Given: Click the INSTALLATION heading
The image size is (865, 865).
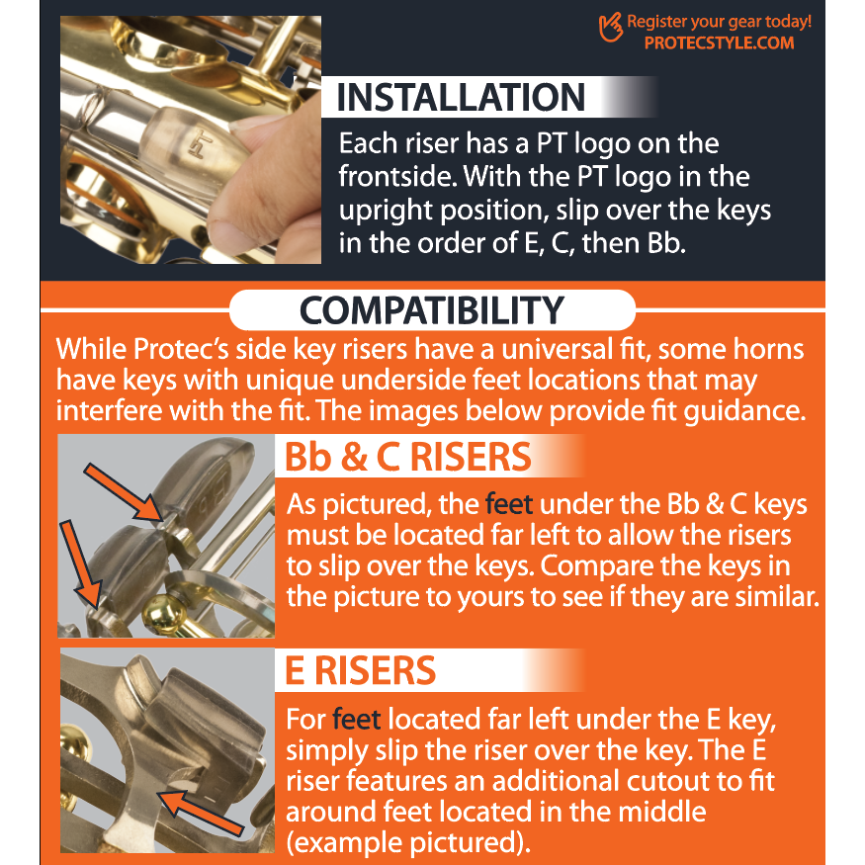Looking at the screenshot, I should click(461, 98).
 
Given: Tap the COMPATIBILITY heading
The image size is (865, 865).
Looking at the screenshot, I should click(432, 310).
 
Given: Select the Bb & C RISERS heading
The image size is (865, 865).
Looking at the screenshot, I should click(408, 457).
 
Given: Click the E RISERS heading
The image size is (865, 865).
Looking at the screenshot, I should click(360, 671).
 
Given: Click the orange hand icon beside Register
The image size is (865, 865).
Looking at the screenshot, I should click(611, 28).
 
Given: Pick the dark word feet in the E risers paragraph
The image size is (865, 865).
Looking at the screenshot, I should click(357, 719).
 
